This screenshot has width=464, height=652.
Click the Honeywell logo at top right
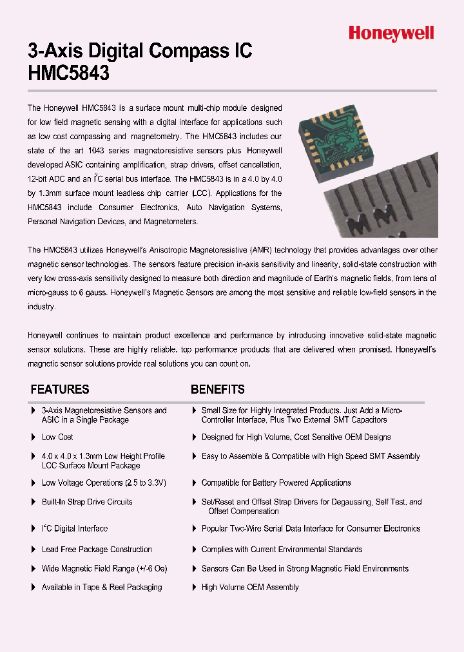tap(391, 33)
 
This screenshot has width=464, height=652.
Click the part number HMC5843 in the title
tap(69, 73)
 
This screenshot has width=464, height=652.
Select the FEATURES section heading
tap(60, 389)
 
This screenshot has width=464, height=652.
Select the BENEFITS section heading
tap(217, 389)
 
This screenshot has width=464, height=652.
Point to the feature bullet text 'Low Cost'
tap(57, 437)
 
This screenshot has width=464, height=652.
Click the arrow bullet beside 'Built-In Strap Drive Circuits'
tap(34, 502)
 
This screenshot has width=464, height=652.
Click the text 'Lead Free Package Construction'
tap(97, 550)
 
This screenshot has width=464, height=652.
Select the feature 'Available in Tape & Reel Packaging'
tap(102, 588)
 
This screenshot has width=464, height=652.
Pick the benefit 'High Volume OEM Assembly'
tap(250, 588)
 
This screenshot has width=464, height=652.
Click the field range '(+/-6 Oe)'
tap(151, 569)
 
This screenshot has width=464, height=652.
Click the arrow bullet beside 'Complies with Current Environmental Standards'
tap(195, 550)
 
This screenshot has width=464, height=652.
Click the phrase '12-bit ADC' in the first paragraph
tap(47, 179)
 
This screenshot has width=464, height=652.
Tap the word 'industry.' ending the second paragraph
tap(42, 307)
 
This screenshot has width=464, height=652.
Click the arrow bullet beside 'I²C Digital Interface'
tap(34, 529)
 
